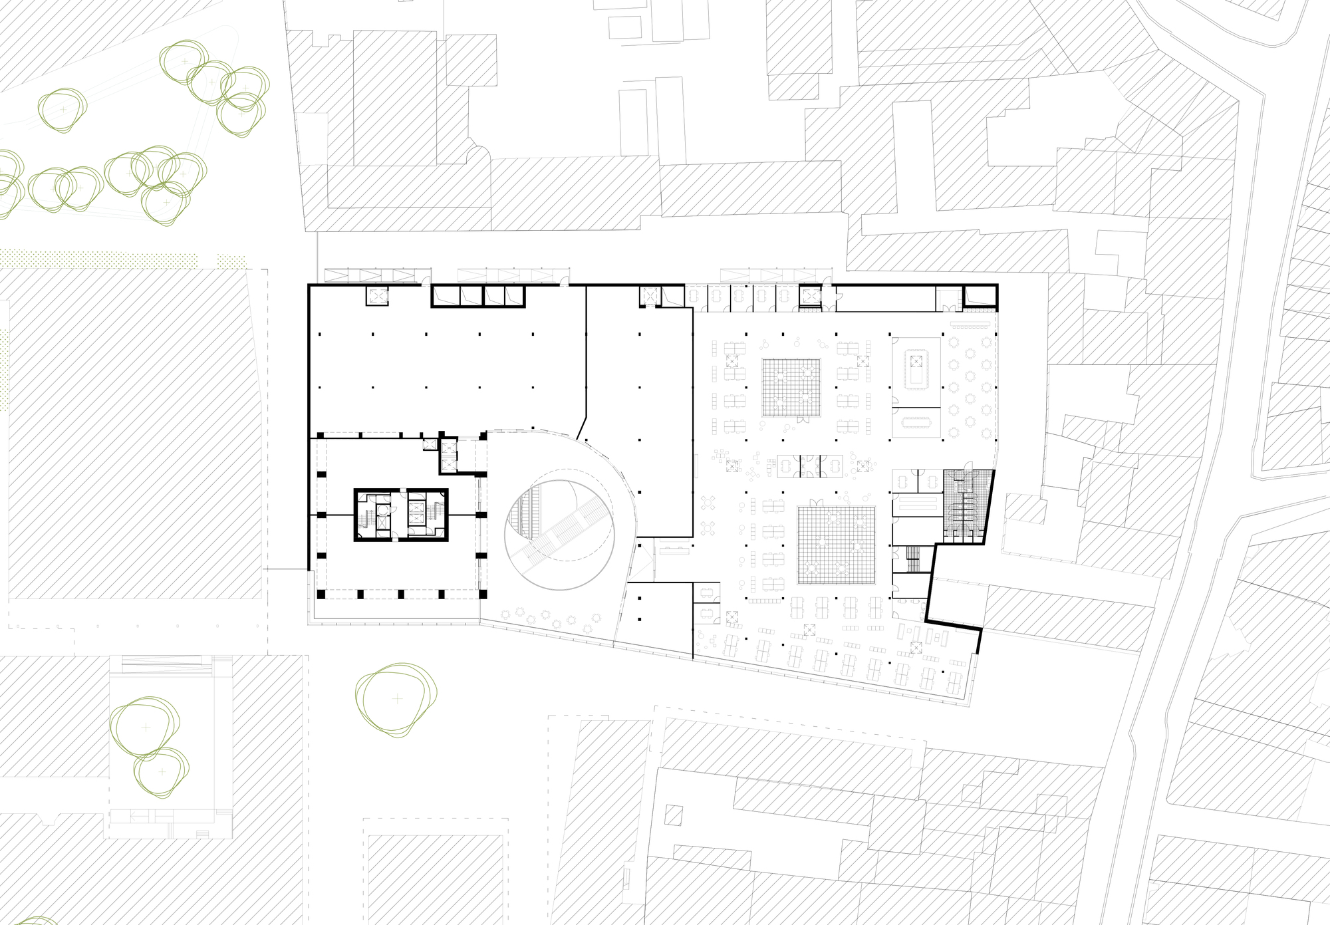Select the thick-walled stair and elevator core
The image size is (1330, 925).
click(x=400, y=515)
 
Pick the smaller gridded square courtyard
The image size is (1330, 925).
click(x=791, y=387)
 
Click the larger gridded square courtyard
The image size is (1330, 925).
click(x=836, y=545)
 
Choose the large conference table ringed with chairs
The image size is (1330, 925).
click(x=916, y=371)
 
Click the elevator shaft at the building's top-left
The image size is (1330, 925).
click(x=376, y=297)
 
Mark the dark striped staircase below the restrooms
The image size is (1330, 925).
click(x=912, y=559)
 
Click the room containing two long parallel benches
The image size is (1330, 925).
click(x=916, y=505)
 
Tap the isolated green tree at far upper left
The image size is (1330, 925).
click(x=63, y=109)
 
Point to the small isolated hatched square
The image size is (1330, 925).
click(x=674, y=815)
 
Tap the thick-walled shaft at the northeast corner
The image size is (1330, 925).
click(x=979, y=297)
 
